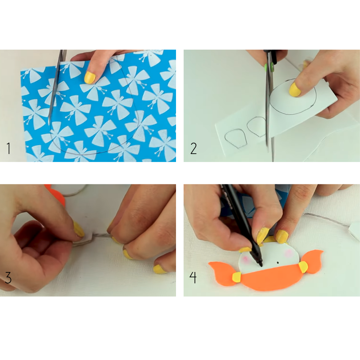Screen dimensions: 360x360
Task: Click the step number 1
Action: pos(8,148)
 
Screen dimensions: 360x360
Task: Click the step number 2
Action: pos(194,148)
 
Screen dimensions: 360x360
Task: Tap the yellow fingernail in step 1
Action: pos(90,77)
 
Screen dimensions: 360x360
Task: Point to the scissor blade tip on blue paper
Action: pos(49,124)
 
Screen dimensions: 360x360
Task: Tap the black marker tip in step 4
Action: pos(261,265)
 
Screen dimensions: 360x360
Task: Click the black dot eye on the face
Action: pos(278,262)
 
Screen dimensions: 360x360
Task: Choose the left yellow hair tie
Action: pos(236,277)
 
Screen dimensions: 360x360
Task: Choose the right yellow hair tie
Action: pos(303,267)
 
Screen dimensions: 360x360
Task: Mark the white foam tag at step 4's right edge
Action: pos(354,231)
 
